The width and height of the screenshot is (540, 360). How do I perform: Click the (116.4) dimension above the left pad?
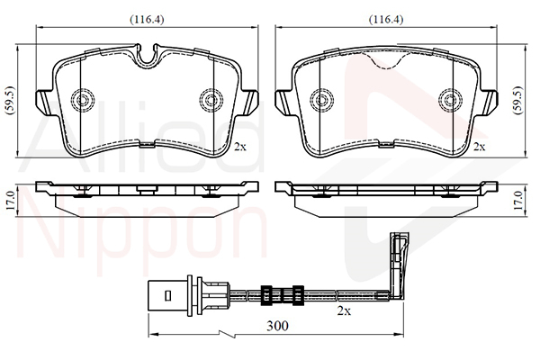144,18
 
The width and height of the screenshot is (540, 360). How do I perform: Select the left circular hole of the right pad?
320,98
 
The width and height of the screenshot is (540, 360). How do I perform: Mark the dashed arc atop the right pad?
385,61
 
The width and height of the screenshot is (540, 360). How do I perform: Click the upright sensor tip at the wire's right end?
395,261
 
